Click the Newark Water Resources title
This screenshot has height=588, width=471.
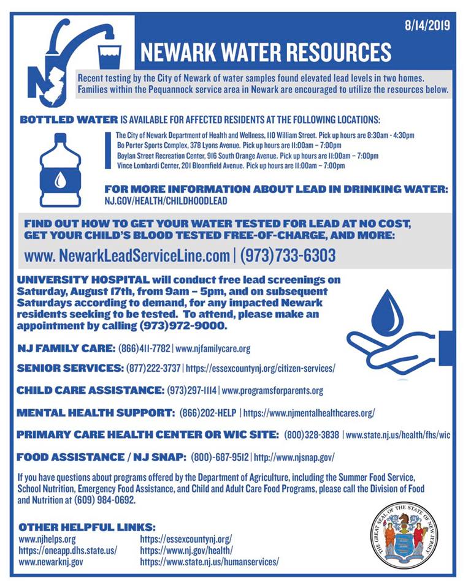point(266,53)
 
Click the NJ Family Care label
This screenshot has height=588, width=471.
point(66,349)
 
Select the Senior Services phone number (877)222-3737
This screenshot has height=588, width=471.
point(153,369)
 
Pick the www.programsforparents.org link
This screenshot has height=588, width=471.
point(272,390)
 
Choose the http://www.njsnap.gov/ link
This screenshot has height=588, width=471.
point(294,457)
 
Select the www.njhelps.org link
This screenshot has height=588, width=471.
point(47,539)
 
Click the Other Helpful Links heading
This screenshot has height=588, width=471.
point(87,527)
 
